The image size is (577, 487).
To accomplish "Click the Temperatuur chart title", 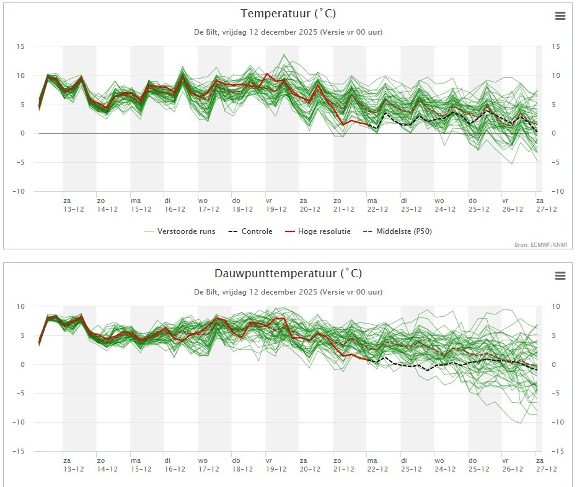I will [288, 14].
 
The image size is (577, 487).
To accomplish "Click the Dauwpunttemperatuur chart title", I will [288, 273].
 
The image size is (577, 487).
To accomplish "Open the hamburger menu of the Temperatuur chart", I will [560, 16].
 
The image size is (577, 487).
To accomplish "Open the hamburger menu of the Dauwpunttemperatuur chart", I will [560, 275].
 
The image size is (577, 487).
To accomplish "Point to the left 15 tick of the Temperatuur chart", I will [20, 46].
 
